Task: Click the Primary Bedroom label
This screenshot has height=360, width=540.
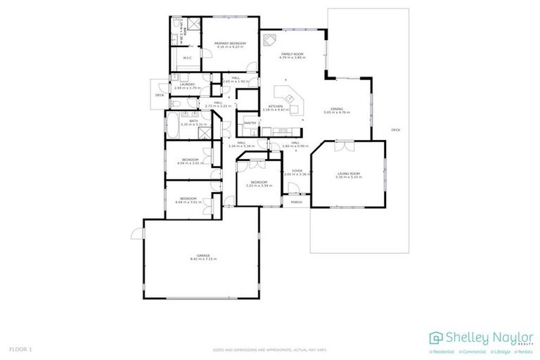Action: click(230, 44)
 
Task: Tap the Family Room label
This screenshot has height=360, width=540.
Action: click(292, 54)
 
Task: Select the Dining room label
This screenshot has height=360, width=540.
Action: click(337, 109)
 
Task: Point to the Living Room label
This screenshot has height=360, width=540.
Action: click(349, 174)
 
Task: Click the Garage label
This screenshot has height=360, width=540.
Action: click(202, 255)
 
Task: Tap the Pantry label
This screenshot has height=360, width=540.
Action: click(250, 123)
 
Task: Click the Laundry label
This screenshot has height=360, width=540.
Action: click(186, 84)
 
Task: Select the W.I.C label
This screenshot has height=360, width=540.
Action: click(187, 58)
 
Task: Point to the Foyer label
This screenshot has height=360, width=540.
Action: click(297, 170)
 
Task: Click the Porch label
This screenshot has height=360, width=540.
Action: click(296, 202)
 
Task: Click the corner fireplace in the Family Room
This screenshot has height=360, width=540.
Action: click(267, 40)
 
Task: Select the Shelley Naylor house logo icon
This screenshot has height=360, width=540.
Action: click(437, 337)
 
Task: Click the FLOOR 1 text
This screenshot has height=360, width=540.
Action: click(20, 349)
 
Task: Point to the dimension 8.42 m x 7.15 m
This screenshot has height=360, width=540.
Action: click(202, 259)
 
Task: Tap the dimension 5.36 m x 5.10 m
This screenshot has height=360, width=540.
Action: click(349, 177)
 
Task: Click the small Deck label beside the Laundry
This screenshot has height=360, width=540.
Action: click(160, 94)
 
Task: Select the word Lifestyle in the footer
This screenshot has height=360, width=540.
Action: click(500, 352)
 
